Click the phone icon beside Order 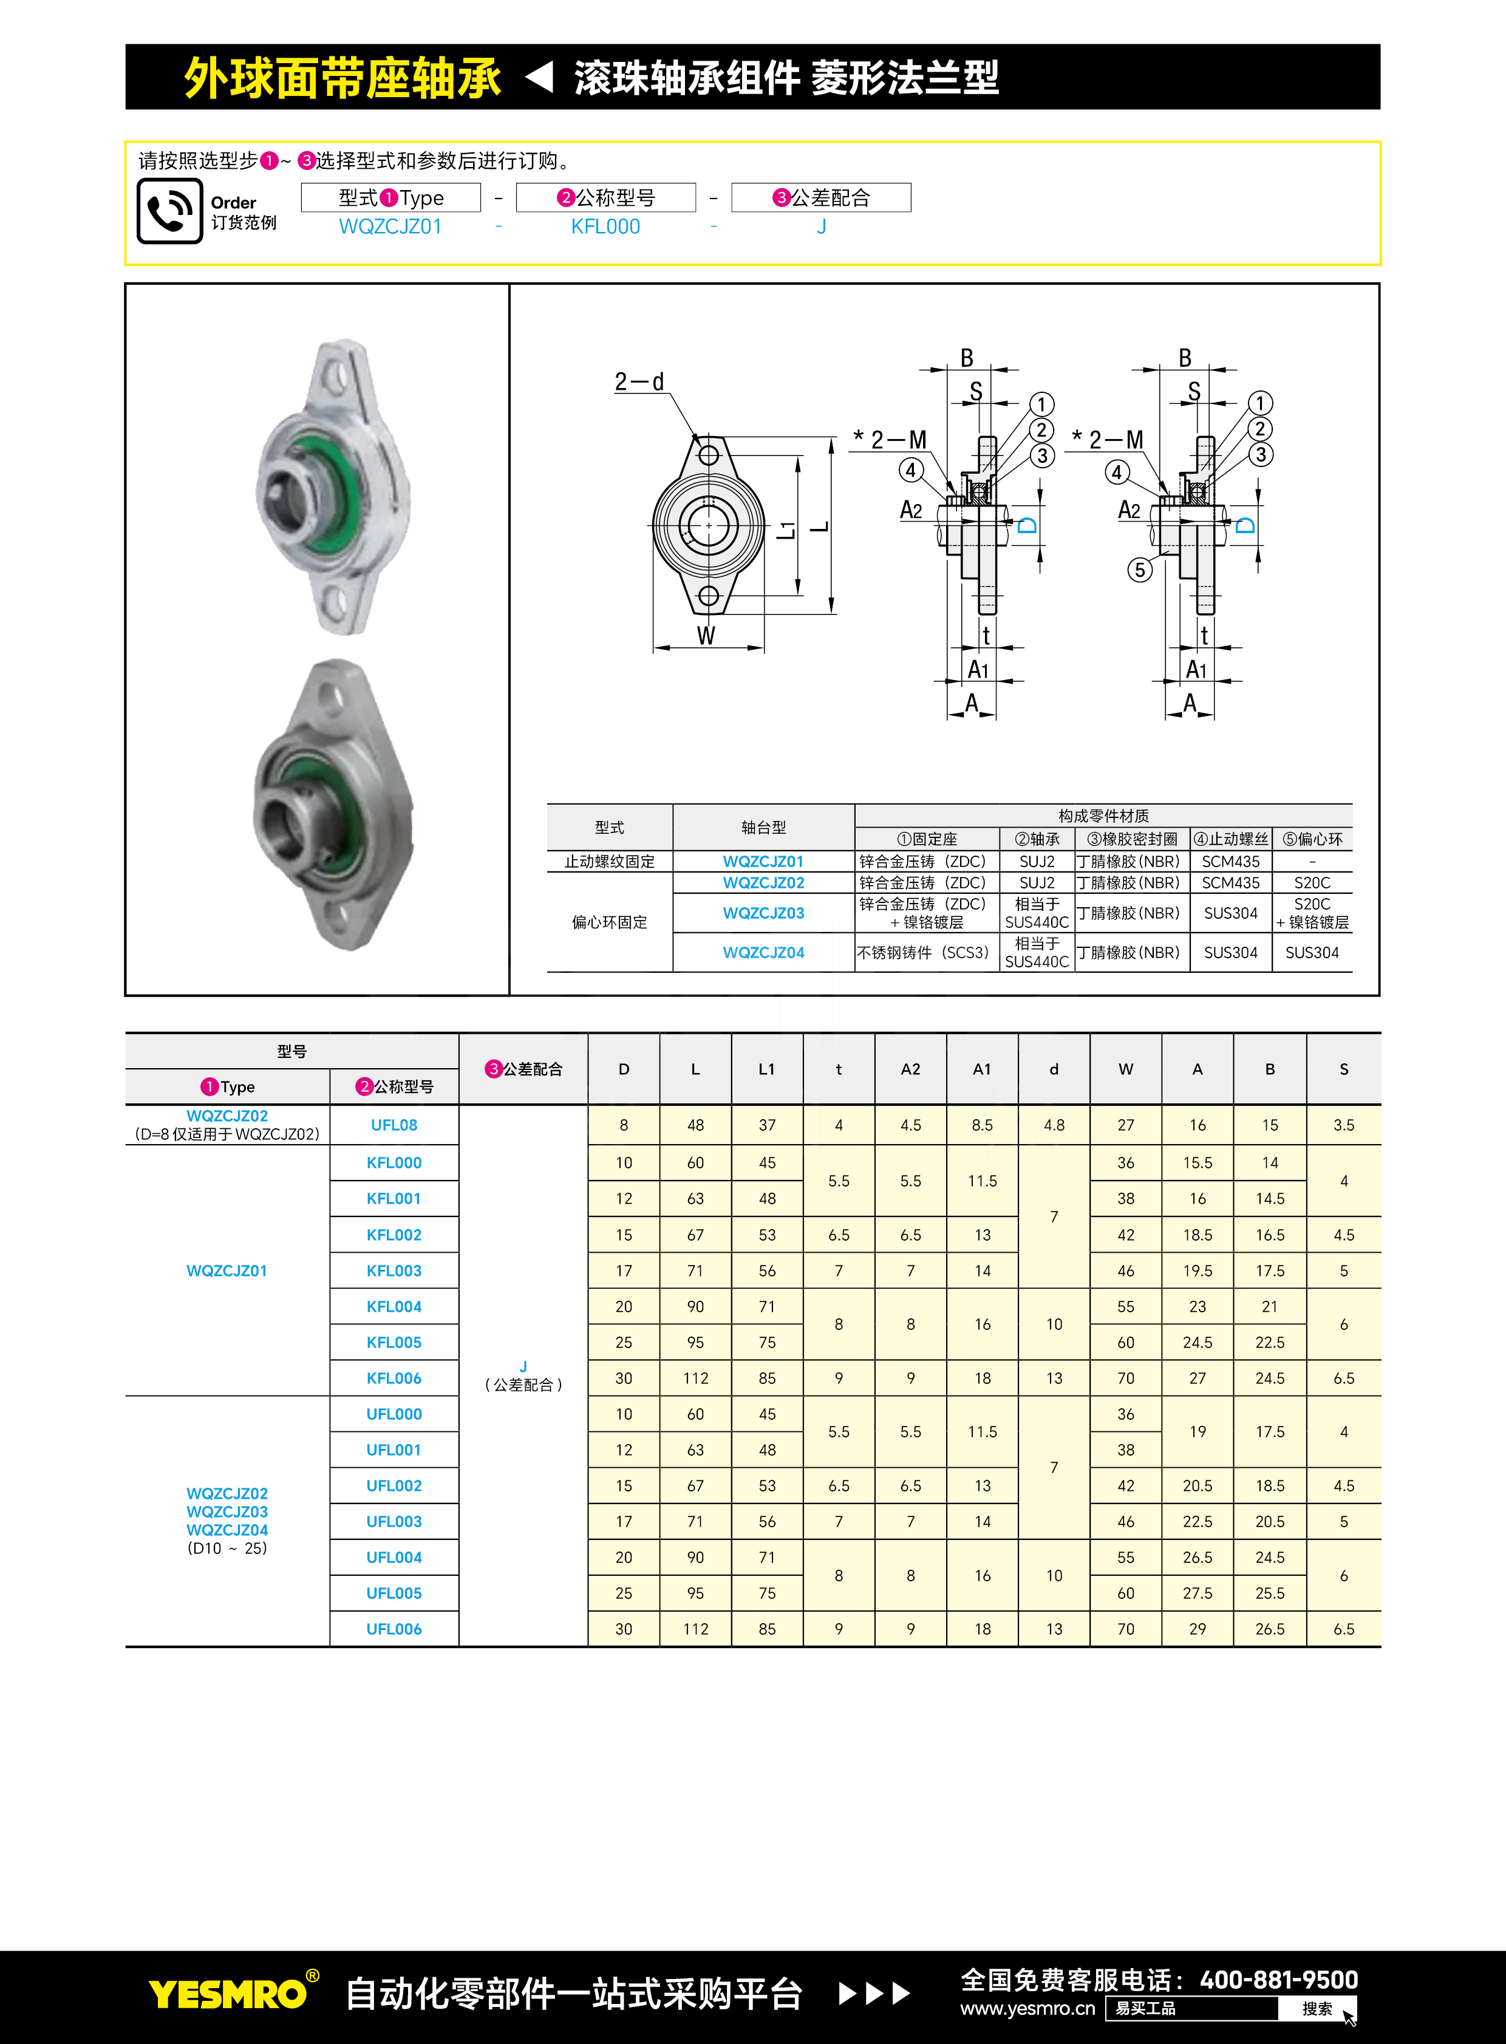(169, 211)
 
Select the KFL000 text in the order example (605, 227)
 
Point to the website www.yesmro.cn (1027, 2008)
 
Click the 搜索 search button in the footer (1317, 2008)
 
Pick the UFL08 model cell (394, 1125)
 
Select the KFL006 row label (394, 1378)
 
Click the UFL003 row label (394, 1522)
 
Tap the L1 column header (767, 1069)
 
